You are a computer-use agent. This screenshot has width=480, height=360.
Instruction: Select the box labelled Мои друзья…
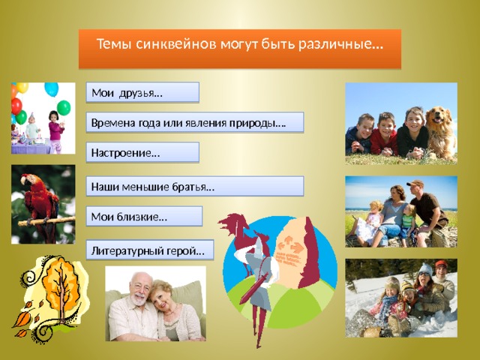(x=142, y=92)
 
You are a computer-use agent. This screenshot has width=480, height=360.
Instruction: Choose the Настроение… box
(x=142, y=152)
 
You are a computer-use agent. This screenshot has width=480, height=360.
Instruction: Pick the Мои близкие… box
(x=144, y=216)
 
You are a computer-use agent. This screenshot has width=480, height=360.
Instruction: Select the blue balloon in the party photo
(x=52, y=88)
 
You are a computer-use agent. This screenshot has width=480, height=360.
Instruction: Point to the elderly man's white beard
(x=139, y=298)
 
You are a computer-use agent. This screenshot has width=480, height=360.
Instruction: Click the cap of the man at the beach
(x=415, y=183)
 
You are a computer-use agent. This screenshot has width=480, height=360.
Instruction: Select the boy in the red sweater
(x=384, y=135)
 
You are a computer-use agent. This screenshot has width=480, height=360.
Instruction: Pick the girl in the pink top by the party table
(x=55, y=132)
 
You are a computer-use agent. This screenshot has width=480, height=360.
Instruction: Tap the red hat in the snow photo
(x=441, y=264)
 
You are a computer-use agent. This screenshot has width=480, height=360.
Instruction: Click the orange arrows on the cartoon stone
(x=290, y=243)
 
